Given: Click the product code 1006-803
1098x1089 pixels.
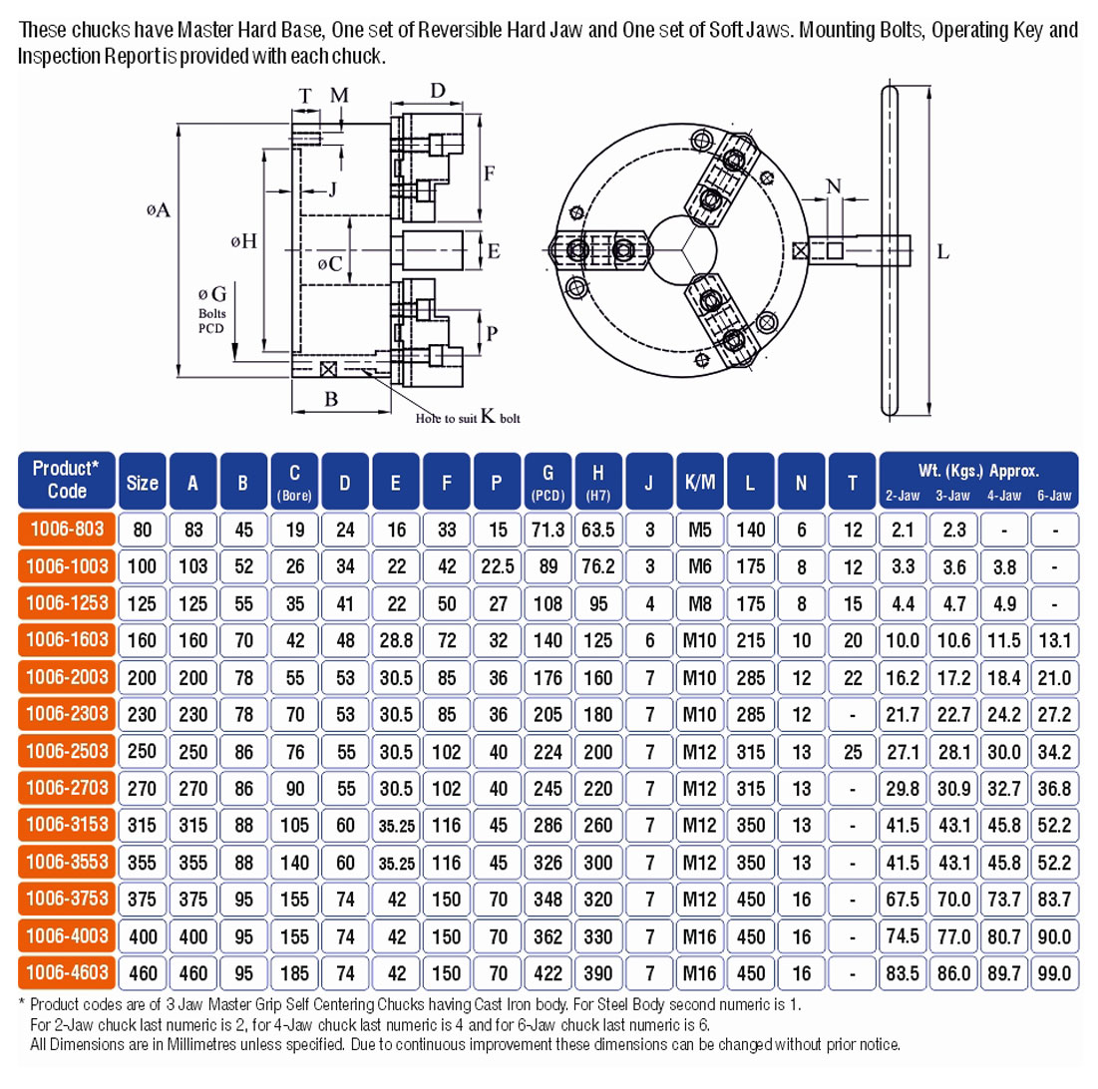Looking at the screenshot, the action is [67, 529].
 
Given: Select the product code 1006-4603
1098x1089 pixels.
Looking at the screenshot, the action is [67, 972].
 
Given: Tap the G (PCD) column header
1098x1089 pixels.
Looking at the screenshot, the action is [548, 481].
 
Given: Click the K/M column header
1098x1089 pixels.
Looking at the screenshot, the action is [699, 481].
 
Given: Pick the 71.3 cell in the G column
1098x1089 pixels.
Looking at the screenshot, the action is [548, 530].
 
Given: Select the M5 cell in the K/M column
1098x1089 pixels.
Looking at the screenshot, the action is [699, 530].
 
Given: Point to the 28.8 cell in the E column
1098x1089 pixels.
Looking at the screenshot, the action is [396, 640].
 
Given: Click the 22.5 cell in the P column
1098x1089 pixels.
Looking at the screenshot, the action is [498, 565].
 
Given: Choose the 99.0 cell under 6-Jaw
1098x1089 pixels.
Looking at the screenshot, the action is [1054, 972].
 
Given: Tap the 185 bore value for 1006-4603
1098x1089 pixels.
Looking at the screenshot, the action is [295, 972].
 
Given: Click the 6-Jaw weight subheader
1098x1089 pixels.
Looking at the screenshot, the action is [1054, 496].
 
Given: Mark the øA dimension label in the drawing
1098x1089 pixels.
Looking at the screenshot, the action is [159, 209].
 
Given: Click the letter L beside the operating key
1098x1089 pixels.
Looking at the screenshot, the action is [943, 251].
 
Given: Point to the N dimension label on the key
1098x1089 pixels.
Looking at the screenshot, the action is [834, 186].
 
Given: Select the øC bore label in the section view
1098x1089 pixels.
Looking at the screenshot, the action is [330, 263].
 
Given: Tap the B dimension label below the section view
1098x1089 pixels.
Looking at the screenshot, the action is [331, 399].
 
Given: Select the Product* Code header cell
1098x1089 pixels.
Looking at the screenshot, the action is [67, 480].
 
